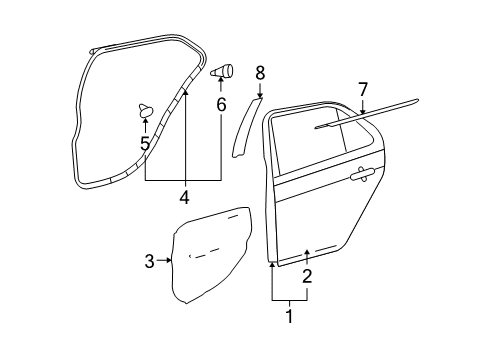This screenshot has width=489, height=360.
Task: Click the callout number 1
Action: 290,317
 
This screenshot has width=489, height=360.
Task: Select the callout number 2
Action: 307,275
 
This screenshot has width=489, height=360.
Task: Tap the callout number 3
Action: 149,262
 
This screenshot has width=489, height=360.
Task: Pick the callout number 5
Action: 145,145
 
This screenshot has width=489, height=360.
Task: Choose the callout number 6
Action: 221,104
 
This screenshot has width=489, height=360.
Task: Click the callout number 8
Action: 260,72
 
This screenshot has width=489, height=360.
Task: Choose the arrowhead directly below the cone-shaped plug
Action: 221,84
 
